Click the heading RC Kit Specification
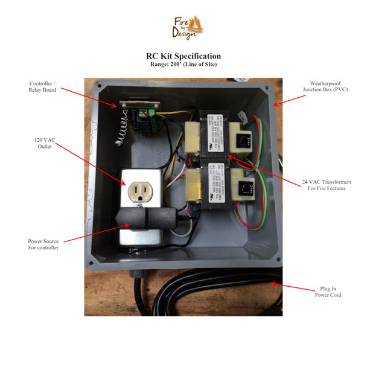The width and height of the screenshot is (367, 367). pos(183,56)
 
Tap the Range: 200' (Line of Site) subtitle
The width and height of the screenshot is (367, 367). pos(183,64)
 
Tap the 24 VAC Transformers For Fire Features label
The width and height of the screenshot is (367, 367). pos(326,185)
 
